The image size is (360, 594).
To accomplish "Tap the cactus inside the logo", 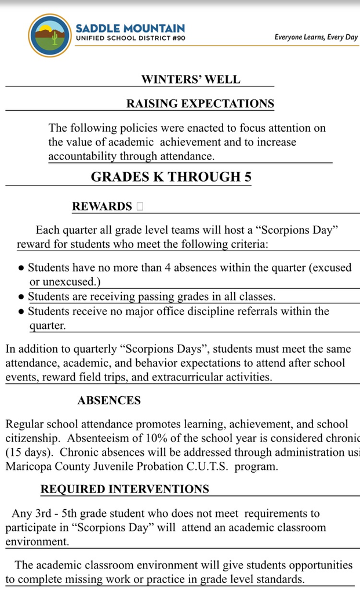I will [55, 39].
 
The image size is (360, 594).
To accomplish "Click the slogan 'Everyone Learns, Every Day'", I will [316, 38].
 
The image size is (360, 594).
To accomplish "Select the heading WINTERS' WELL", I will [191, 79].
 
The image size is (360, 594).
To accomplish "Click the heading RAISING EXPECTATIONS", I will [200, 104].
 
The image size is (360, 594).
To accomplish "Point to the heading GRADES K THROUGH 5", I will [171, 177].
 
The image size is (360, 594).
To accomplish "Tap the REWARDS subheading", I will [102, 207].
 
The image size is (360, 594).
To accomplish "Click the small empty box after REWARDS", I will [140, 207].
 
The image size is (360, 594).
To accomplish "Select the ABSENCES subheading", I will [109, 401].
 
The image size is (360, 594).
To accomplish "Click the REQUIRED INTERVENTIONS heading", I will [125, 489].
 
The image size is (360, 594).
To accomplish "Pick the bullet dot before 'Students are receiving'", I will [21, 297].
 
